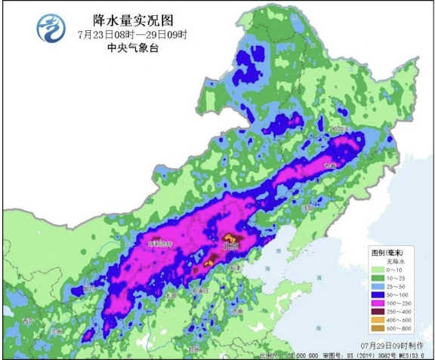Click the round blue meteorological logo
(51, 29)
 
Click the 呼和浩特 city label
(159, 244)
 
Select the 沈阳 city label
(305, 205)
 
